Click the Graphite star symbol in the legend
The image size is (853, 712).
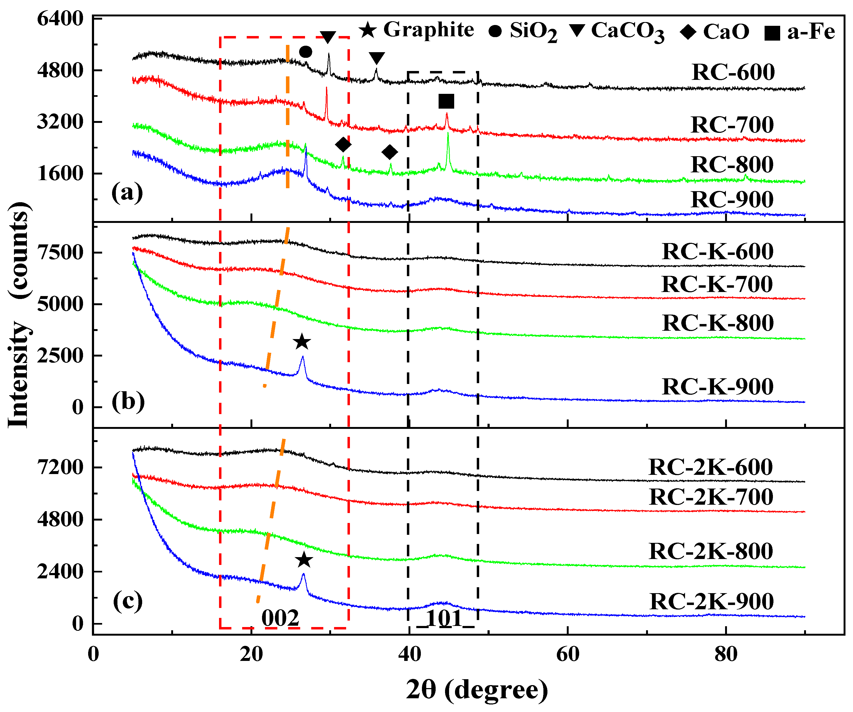click(368, 30)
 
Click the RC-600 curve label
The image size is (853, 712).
click(733, 72)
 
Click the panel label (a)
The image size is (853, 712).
click(127, 192)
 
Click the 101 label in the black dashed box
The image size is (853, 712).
click(445, 618)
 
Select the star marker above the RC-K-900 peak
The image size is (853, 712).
click(302, 342)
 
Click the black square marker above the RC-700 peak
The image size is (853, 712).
click(446, 101)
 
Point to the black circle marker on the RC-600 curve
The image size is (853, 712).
click(306, 52)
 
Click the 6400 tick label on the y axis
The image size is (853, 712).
click(60, 19)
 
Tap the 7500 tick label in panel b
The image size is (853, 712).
click(60, 252)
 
